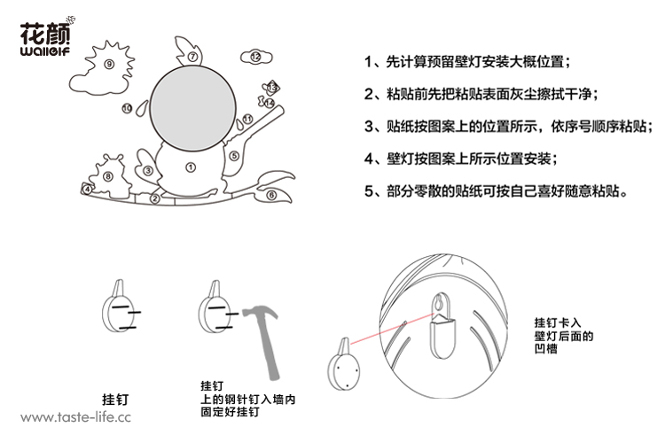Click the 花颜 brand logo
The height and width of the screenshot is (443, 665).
pos(46,37)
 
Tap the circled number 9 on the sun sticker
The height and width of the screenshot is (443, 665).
pos(109,64)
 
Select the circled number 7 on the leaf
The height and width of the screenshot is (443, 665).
pos(192,57)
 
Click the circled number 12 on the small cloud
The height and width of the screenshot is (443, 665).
pos(255,57)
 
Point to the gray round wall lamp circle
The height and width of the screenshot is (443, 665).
pos(193,108)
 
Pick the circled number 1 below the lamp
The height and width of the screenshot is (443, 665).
pos(191,167)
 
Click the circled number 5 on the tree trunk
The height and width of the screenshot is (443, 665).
pos(234,156)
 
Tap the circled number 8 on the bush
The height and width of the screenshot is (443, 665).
pos(108,176)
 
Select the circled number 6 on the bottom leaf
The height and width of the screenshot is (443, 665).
pos(271,196)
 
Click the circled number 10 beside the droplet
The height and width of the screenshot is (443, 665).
pos(127,108)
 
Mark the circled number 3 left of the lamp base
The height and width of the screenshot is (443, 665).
pos(147,171)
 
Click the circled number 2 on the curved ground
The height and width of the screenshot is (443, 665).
pos(155,198)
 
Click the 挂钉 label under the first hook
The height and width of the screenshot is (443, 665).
pos(115,400)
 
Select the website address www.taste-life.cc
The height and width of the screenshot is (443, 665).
pos(75,417)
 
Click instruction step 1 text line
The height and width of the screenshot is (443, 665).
pos(467,62)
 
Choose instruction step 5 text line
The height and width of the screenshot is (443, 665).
pos(496,191)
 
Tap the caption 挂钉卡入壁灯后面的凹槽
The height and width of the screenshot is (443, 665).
pos(564,336)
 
